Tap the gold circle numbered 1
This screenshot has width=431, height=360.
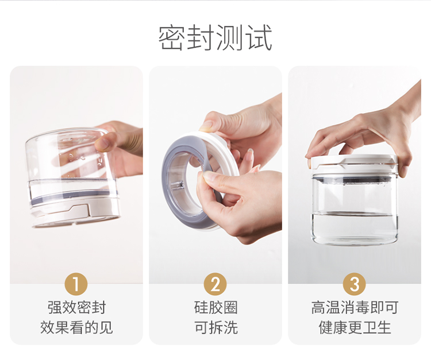[x=76, y=284]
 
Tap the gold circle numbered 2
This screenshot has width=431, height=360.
[x=215, y=284]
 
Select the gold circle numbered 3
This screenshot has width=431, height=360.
[x=355, y=284]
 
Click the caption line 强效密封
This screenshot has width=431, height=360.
[x=76, y=308]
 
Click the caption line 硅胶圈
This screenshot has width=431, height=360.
[x=215, y=308]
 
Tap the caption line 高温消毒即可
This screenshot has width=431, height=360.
[x=355, y=308]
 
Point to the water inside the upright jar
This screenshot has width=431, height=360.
[x=355, y=228]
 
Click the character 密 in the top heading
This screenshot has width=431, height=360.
[x=172, y=38]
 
